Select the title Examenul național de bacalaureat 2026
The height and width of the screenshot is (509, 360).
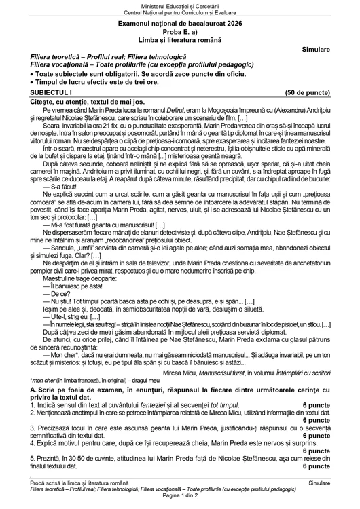(180, 24)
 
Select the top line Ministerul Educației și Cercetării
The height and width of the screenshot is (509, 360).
(180, 5)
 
